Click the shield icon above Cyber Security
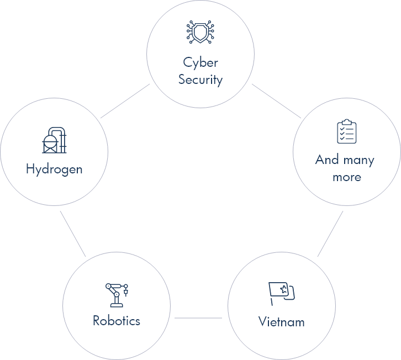click(x=200, y=33)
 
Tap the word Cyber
click(x=200, y=62)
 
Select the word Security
click(x=200, y=80)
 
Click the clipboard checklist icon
click(x=347, y=131)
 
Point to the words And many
click(x=345, y=160)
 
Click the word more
click(x=347, y=177)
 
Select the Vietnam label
click(x=281, y=321)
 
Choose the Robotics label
click(x=117, y=320)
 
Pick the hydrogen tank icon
click(x=54, y=140)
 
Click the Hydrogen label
click(x=54, y=169)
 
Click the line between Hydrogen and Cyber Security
click(x=125, y=100)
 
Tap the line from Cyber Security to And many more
click(x=276, y=101)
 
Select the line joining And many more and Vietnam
click(x=330, y=234)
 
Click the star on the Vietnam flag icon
click(x=283, y=289)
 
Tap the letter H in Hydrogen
click(x=30, y=169)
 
